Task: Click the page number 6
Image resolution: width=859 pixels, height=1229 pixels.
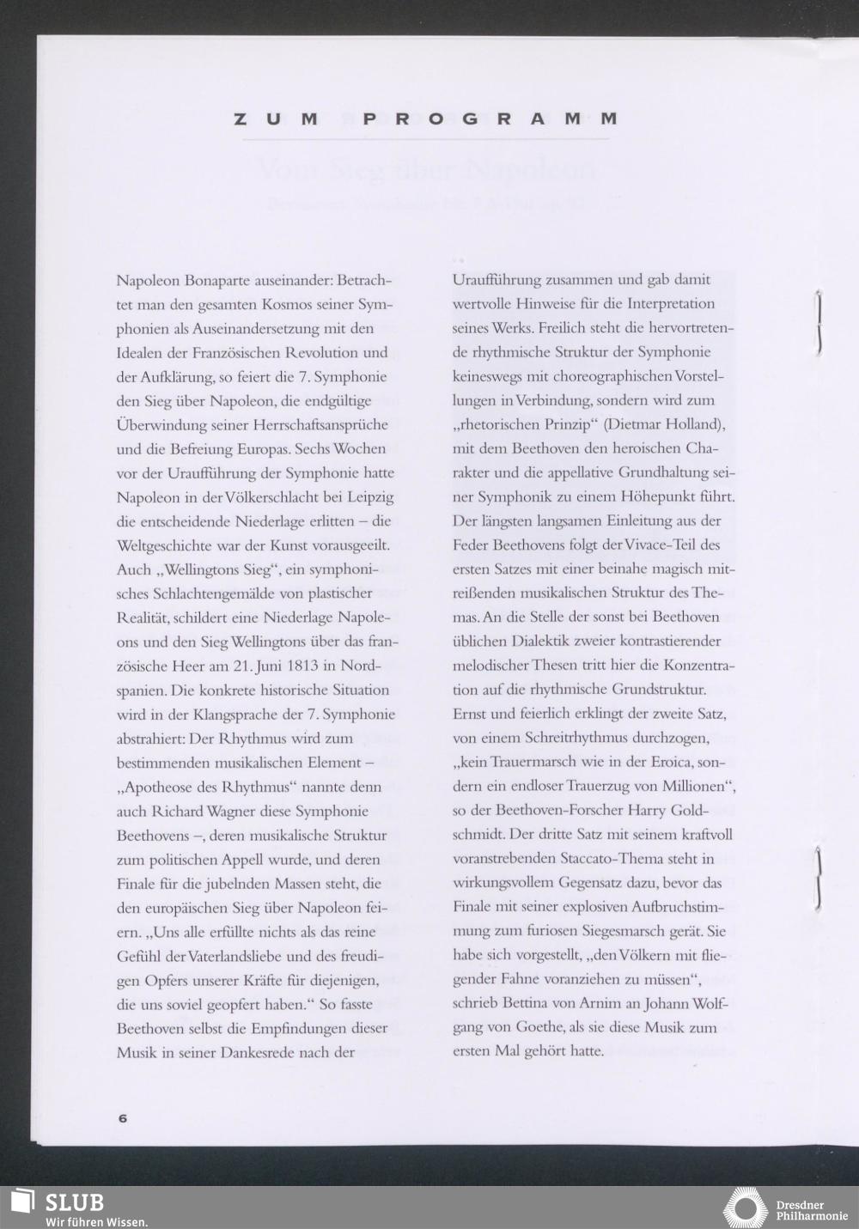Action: pos(122,1118)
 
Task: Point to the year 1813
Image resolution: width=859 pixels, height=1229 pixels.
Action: pos(295,666)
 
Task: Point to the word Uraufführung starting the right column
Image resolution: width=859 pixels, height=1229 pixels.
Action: pos(497,280)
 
